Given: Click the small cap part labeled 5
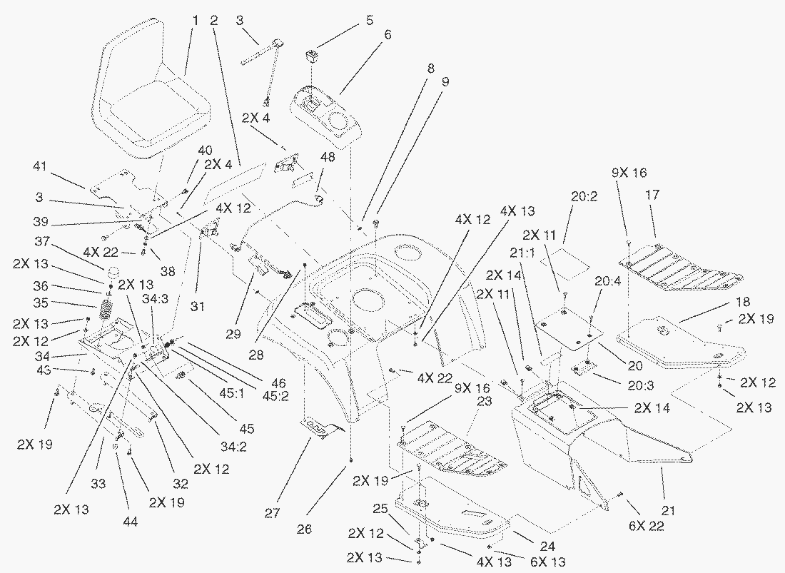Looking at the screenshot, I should click(313, 55).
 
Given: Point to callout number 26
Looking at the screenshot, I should click(350, 529).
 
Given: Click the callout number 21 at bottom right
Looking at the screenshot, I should click(668, 510).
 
